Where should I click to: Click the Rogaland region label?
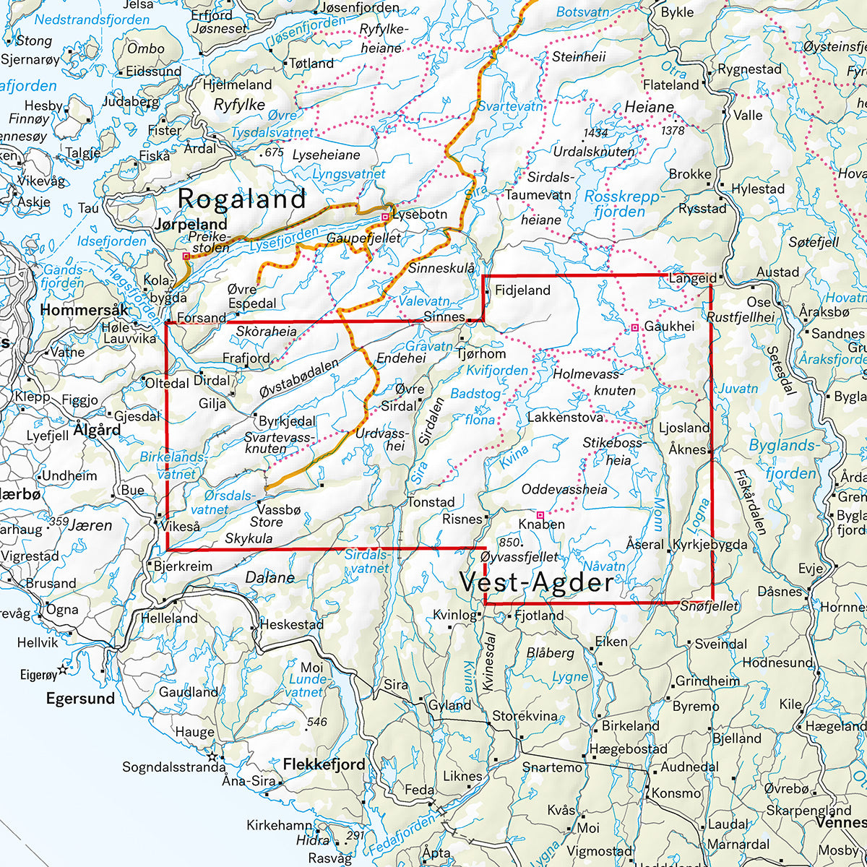(x=242, y=199)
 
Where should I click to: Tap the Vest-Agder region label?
(x=536, y=583)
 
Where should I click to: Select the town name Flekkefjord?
(x=324, y=764)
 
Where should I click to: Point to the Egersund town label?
(x=80, y=698)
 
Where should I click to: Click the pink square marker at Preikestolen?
(x=186, y=256)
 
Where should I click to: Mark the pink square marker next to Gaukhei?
(x=634, y=328)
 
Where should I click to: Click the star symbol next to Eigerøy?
(x=63, y=670)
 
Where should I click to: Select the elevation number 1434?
(x=596, y=134)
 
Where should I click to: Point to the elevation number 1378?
(x=672, y=130)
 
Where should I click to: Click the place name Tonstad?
(x=431, y=502)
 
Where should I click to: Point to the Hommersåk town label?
(x=85, y=310)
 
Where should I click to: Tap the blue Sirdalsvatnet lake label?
(x=367, y=561)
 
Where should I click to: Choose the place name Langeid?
(x=692, y=278)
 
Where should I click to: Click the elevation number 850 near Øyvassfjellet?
(x=509, y=543)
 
